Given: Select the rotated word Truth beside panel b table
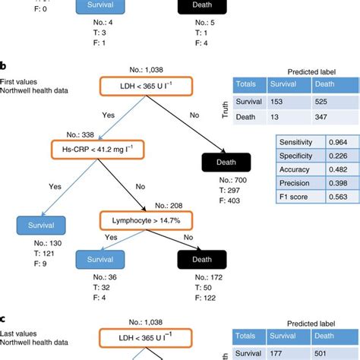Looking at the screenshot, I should pyautogui.click(x=223, y=111).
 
